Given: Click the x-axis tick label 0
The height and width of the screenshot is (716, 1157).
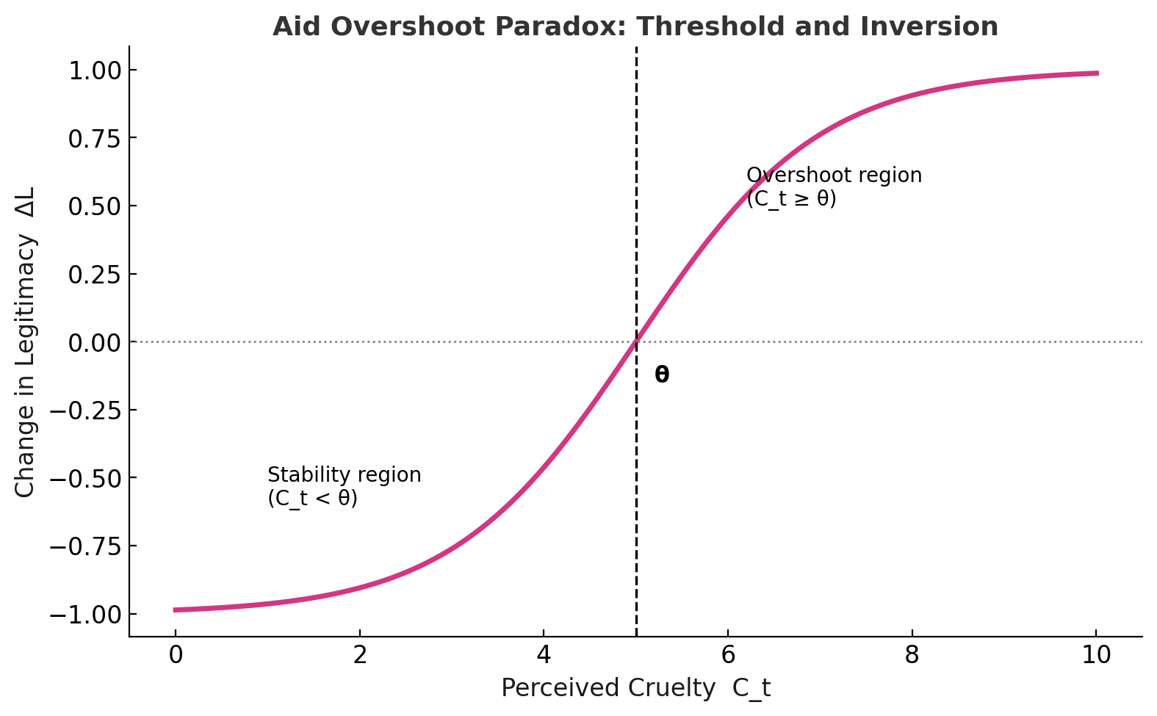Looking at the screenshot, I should pyautogui.click(x=175, y=656).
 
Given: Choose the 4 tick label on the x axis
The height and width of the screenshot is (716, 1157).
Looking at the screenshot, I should pyautogui.click(x=544, y=656).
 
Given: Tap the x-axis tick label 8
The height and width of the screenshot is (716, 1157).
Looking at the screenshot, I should pyautogui.click(x=912, y=656).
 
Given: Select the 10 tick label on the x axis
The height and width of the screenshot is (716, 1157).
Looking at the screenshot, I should pyautogui.click(x=1096, y=656).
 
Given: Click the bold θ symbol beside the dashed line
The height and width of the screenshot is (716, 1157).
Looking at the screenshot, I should pyautogui.click(x=662, y=375).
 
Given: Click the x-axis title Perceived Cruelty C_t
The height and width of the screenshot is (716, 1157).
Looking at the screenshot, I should pyautogui.click(x=635, y=689).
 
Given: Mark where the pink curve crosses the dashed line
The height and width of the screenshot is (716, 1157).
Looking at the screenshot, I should pyautogui.click(x=636, y=341).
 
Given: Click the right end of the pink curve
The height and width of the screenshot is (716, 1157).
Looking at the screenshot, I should pyautogui.click(x=1097, y=73).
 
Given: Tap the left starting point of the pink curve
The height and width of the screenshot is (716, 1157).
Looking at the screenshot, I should pyautogui.click(x=176, y=610).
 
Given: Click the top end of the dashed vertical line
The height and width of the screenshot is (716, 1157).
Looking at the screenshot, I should pyautogui.click(x=636, y=48).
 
